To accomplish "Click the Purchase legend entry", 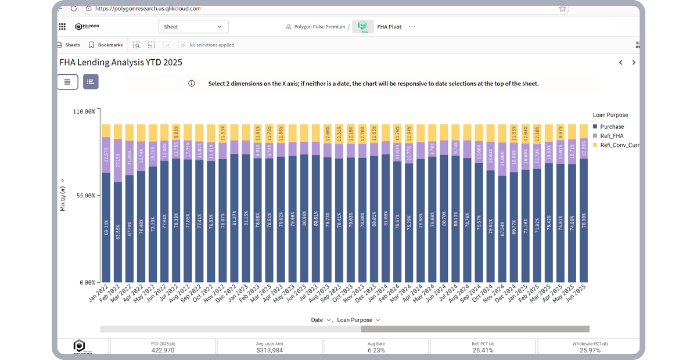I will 612,127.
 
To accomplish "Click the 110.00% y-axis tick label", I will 82,111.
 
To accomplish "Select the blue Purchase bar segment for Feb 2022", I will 118,232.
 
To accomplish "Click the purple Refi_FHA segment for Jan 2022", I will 106,154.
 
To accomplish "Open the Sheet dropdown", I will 193,27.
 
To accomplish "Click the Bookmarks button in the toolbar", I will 106,45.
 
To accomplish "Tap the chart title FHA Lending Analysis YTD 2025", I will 121,62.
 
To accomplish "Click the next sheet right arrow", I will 634,63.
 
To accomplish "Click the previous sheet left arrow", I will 620,63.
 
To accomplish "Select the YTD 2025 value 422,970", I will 163,350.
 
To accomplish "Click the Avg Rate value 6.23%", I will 376,350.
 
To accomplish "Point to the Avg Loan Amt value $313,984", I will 270,350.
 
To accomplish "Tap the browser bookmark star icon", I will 562,9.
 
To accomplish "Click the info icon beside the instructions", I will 192,84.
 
